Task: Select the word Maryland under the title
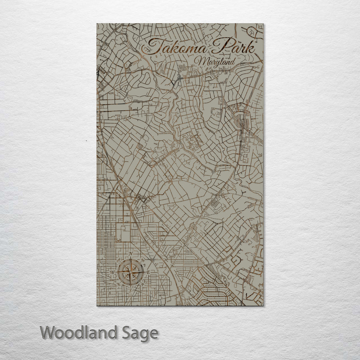point(215,62)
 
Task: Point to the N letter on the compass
point(131,254)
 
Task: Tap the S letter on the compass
point(131,290)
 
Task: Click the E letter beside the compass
point(149,272)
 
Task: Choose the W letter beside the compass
point(112,272)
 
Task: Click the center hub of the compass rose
point(131,272)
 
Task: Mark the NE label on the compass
point(142,260)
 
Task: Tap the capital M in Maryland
point(201,61)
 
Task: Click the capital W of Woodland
point(48,333)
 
